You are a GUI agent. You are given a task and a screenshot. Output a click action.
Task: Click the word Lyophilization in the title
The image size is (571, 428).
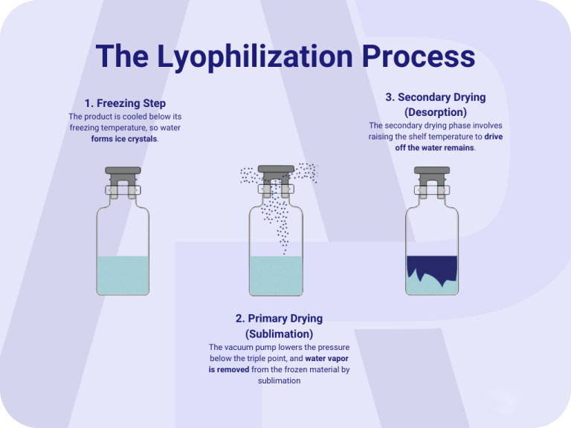click(x=254, y=57)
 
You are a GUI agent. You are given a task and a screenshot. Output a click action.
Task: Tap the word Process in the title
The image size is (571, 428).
click(x=419, y=56)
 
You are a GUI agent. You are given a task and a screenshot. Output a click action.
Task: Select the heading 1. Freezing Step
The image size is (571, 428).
click(x=125, y=103)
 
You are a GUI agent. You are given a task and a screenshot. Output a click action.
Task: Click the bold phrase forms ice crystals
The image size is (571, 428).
click(x=124, y=139)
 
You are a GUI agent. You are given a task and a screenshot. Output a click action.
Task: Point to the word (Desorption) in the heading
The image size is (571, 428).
click(x=436, y=112)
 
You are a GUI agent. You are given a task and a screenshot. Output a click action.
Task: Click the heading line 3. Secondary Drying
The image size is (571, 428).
click(x=436, y=97)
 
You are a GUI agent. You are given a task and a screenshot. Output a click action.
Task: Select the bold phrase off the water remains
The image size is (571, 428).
click(x=434, y=148)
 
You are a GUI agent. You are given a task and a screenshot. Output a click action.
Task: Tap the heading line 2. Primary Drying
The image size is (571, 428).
click(x=279, y=319)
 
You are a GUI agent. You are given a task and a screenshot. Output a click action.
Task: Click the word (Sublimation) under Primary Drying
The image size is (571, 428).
click(x=279, y=334)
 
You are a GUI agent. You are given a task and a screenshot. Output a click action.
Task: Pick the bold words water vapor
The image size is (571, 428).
click(x=326, y=358)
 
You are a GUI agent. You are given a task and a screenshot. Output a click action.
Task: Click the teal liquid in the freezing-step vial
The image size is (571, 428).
click(x=123, y=275)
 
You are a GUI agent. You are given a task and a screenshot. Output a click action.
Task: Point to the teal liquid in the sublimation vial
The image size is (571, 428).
click(x=276, y=276)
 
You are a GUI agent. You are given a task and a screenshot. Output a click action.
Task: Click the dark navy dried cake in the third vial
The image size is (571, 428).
click(x=432, y=267)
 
